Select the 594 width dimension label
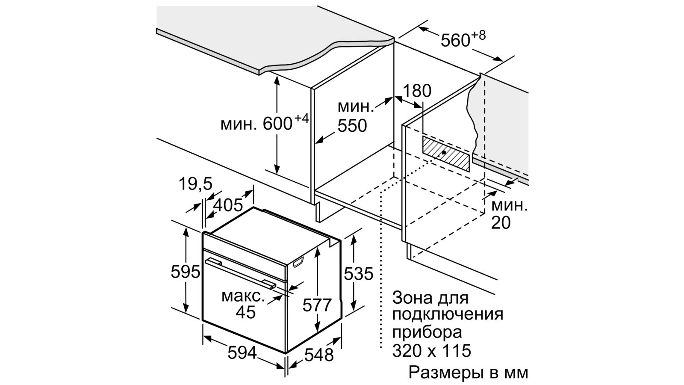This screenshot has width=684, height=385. (242, 353)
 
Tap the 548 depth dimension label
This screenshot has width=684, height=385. (319, 355)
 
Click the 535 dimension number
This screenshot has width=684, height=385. (359, 273)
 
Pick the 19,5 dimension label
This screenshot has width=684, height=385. (195, 184)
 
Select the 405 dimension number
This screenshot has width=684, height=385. (228, 205)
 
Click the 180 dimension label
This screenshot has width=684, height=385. (417, 91)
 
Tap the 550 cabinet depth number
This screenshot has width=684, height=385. (352, 126)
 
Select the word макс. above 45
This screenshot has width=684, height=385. (243, 297)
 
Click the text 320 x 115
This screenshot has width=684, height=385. (431, 350)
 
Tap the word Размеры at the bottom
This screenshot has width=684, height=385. (450, 373)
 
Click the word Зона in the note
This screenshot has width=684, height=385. (415, 298)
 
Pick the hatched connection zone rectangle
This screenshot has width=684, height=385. (446, 154)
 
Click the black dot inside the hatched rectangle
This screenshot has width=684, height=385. (443, 152)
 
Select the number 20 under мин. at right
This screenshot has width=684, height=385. (501, 223)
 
